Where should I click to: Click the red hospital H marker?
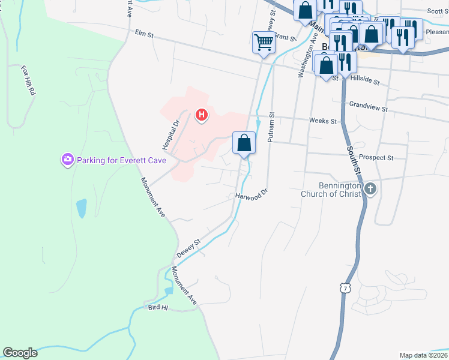click(202, 114)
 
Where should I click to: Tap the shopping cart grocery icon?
click(263, 43)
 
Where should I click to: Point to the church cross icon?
click(370, 189)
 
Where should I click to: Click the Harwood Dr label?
click(250, 196)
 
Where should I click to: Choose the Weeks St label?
click(323, 121)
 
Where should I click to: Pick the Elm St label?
click(145, 35)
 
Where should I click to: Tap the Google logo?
click(20, 353)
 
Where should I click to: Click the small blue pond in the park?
click(81, 208)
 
